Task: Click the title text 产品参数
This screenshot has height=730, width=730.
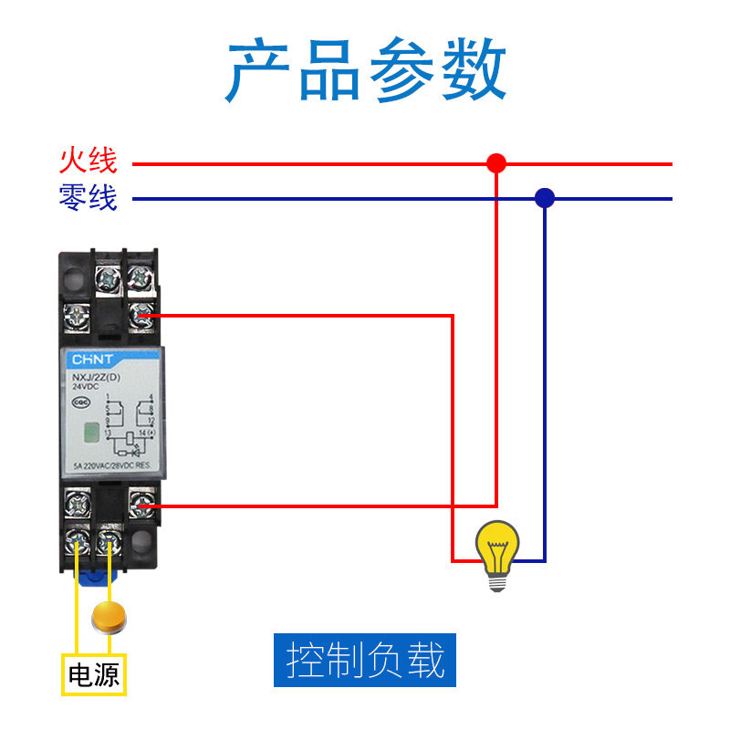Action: click(x=365, y=71)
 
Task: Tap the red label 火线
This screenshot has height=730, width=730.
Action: click(x=89, y=162)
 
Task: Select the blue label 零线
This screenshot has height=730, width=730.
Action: click(x=89, y=197)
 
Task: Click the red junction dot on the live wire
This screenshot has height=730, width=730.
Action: click(x=496, y=163)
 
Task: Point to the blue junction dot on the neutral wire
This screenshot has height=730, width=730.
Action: click(x=545, y=197)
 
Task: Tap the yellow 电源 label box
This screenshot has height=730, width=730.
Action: click(x=94, y=675)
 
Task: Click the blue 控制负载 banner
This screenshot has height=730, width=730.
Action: click(x=365, y=660)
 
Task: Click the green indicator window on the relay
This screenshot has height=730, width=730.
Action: click(x=89, y=433)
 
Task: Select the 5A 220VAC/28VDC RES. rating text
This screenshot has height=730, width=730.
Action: click(x=115, y=465)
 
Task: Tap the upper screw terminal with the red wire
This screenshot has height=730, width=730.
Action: click(x=141, y=316)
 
